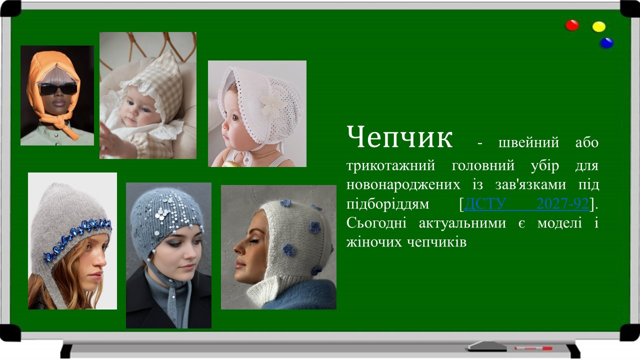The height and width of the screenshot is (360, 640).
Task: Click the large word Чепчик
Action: click(x=399, y=137)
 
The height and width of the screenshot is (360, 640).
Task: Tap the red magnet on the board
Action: click(x=572, y=25)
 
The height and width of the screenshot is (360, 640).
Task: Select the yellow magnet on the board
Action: click(x=598, y=26)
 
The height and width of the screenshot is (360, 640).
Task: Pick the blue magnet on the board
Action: click(x=606, y=43)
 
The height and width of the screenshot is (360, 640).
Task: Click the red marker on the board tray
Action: click(x=533, y=347)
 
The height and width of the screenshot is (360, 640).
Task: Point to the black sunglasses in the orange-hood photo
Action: click(x=58, y=89)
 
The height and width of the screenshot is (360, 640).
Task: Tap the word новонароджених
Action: click(x=403, y=184)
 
